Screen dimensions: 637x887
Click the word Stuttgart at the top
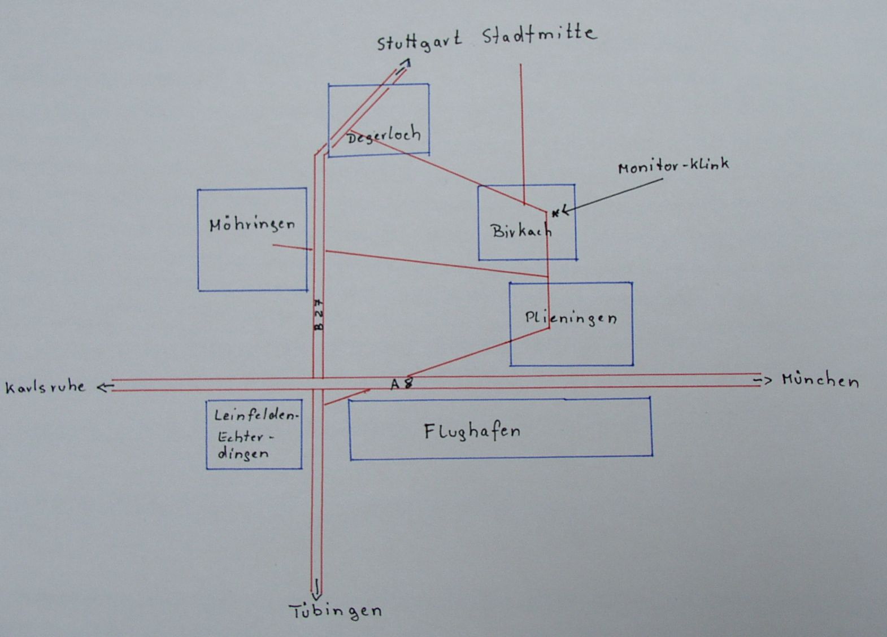click(419, 42)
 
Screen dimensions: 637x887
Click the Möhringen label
click(252, 225)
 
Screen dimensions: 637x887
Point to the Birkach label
click(520, 230)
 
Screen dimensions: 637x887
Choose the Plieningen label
click(571, 317)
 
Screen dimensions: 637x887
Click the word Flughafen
click(472, 432)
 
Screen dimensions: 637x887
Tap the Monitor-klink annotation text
click(673, 166)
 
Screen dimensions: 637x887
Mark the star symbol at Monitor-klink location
click(555, 212)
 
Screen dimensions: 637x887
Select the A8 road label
click(402, 384)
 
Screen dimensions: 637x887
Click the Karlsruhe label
click(45, 387)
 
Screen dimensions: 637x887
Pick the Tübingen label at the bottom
click(336, 611)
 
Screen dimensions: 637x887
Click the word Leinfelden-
click(255, 416)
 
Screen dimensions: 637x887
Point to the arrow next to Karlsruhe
click(105, 387)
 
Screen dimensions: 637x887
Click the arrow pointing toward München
click(762, 381)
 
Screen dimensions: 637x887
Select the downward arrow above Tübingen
click(317, 589)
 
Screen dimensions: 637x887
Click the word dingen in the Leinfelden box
click(243, 453)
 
